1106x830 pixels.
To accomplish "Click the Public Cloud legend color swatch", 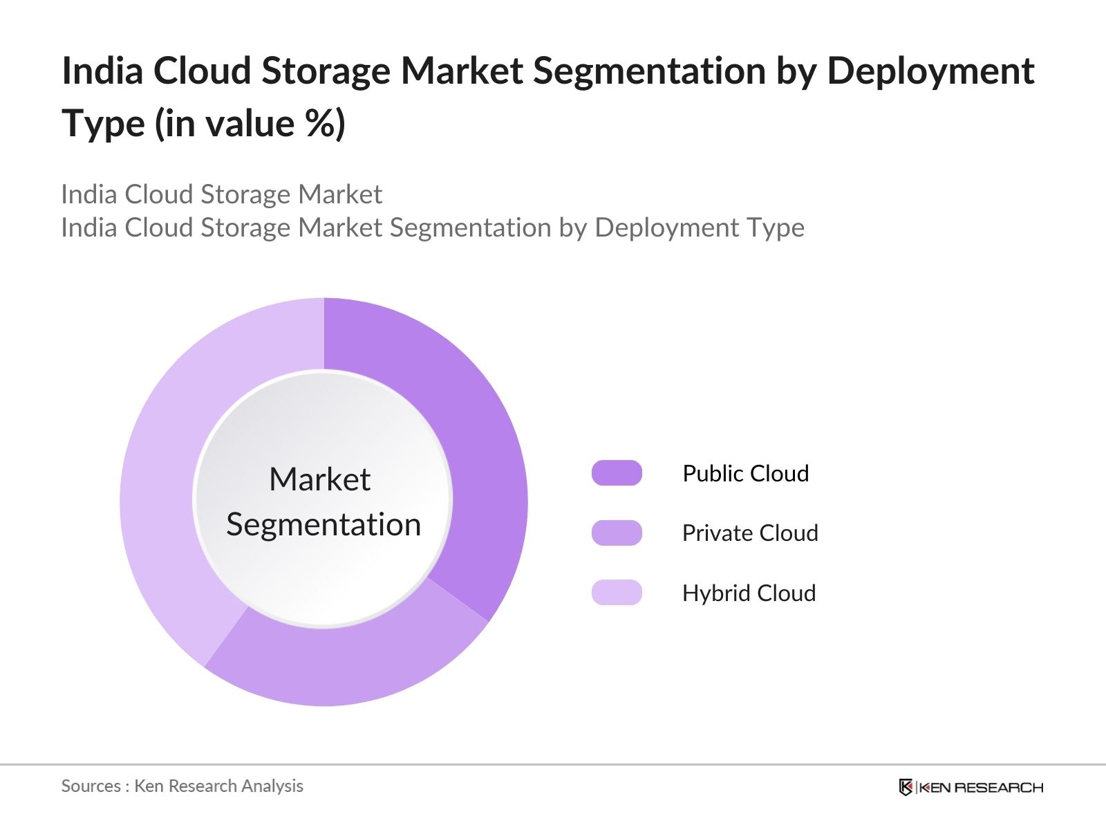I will (x=617, y=473).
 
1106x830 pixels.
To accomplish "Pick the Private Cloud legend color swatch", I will (x=617, y=533).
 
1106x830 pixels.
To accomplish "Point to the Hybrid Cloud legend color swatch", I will (x=617, y=593).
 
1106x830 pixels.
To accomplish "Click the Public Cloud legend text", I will (x=745, y=473).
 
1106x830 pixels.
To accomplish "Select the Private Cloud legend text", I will (x=749, y=533).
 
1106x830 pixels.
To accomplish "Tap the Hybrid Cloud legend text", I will (x=749, y=593).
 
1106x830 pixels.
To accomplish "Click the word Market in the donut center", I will (x=319, y=479).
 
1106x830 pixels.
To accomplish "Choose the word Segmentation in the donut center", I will (x=324, y=524).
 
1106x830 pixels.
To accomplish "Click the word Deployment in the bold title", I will (x=930, y=71).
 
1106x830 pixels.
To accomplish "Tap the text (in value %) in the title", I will (x=250, y=124).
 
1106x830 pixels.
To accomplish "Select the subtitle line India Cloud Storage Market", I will (x=221, y=194).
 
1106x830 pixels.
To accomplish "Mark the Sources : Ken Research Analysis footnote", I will (x=182, y=786).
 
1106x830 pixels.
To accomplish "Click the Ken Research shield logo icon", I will (x=906, y=787).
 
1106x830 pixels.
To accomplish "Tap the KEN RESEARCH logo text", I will (x=981, y=787).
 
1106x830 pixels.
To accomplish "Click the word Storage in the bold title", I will (x=325, y=71).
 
